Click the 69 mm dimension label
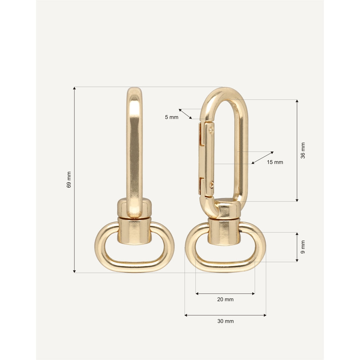69,180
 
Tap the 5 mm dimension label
171,117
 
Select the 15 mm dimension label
275,162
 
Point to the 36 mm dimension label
303,151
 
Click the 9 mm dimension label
303,247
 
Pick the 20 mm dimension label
225,299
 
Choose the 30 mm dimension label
226,321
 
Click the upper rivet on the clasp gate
211,130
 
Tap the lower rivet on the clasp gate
211,184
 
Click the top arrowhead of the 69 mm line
74,88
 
